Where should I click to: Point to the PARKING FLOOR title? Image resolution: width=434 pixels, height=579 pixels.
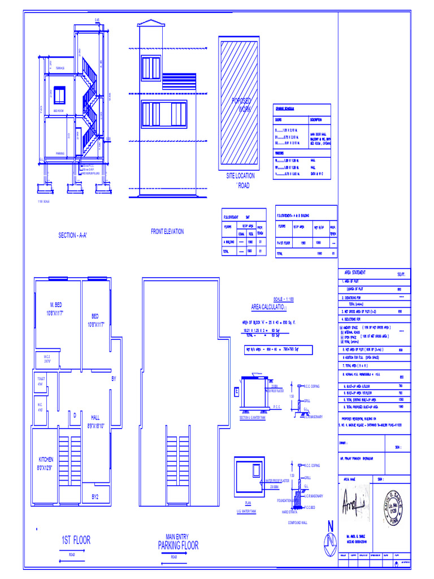tap(178, 546)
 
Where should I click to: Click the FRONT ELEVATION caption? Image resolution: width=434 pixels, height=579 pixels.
tap(167, 231)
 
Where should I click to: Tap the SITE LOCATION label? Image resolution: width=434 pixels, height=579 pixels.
tap(240, 176)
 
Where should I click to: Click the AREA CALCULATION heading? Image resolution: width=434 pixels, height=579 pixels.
tap(269, 306)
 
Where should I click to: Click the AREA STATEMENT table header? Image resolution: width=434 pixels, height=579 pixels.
tap(355, 273)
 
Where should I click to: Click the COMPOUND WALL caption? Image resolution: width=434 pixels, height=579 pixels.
tap(297, 523)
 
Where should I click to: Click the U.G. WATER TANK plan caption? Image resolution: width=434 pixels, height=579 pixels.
tap(246, 510)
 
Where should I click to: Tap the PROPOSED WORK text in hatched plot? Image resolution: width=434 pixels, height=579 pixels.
tap(241, 105)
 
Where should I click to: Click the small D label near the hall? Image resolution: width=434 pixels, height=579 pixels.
tap(74, 416)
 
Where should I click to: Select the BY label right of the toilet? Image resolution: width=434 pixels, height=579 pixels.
tap(113, 378)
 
